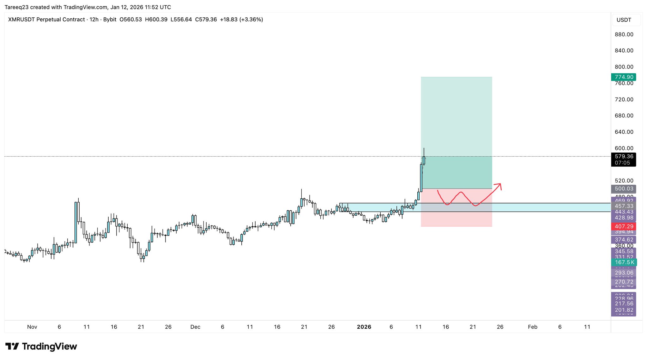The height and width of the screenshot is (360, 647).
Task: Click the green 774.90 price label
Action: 623,77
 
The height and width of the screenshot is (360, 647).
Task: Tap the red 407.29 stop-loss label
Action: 623,226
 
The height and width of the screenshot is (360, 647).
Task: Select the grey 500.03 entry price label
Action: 623,189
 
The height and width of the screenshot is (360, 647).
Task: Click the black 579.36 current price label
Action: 623,157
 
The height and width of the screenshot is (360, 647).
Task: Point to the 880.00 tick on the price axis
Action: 624,34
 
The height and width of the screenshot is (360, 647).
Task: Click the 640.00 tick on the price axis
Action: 624,132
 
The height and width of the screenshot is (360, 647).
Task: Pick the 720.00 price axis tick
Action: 624,99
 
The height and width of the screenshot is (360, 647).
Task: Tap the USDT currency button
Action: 624,20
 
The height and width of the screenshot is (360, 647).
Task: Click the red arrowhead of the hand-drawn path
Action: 499,185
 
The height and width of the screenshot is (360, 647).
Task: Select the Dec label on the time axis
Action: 195,327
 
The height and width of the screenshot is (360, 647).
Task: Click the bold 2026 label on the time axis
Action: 364,327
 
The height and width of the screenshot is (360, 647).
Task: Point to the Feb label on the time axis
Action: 533,327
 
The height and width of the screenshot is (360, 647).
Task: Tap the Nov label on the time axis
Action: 32,327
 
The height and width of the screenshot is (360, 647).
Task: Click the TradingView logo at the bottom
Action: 41,346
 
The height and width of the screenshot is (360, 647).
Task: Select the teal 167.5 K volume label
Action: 624,262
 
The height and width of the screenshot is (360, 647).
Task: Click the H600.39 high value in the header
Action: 156,20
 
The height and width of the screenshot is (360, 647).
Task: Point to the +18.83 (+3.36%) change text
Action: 241,20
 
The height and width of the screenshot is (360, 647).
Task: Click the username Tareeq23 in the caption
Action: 17,7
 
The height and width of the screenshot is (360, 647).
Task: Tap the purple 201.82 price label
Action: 623,310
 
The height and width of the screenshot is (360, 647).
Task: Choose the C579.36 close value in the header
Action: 206,20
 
